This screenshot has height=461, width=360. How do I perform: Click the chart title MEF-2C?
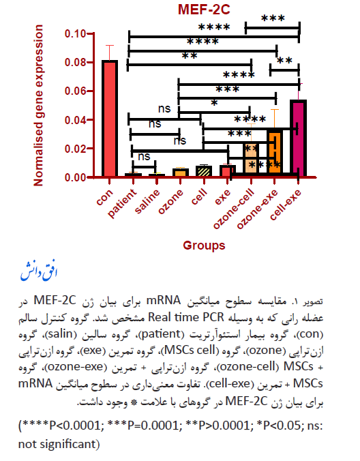point(204,9)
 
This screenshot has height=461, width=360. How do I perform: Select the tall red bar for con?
point(110,118)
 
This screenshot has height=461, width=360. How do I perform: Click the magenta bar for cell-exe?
point(298,138)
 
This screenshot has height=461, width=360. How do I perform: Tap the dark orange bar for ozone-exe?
point(275,152)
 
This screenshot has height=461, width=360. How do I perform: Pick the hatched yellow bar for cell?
point(204,171)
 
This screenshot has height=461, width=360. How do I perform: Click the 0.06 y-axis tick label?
point(75,91)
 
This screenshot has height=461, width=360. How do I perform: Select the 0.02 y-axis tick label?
point(75,149)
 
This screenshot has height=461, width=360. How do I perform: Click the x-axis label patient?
point(122,203)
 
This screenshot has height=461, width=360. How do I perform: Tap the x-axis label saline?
point(147,201)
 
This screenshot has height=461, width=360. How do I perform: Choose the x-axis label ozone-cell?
point(234,209)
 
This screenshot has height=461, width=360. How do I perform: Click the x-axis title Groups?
point(204,246)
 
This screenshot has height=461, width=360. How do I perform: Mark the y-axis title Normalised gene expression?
point(38,106)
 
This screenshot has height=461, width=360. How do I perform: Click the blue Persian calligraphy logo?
point(38,271)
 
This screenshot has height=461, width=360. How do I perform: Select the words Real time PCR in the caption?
point(185,317)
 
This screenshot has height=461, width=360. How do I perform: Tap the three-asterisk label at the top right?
point(273,19)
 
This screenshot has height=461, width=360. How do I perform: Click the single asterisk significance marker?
point(214,103)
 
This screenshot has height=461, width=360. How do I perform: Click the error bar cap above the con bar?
point(110,45)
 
